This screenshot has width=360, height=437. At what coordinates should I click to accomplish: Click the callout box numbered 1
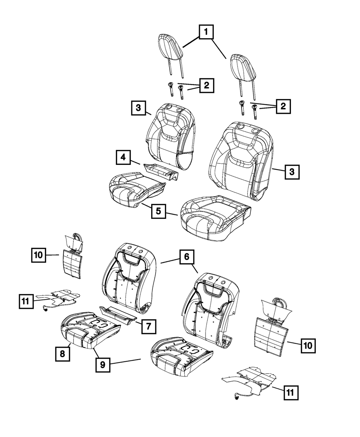point(206,33)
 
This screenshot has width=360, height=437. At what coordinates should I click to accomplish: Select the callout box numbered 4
point(123,158)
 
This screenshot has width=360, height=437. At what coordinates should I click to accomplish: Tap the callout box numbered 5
point(158,211)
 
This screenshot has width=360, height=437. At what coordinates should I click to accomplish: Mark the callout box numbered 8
point(62,353)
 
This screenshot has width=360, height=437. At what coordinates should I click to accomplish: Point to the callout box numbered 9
point(103,365)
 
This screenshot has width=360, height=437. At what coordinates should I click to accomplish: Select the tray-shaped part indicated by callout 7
point(118,314)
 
